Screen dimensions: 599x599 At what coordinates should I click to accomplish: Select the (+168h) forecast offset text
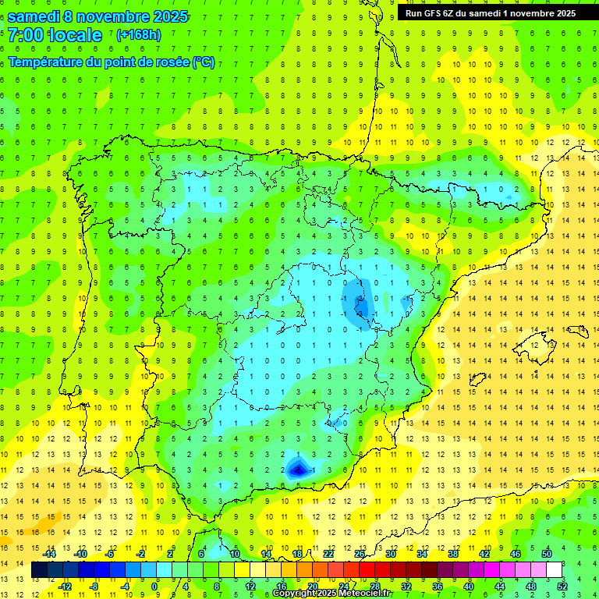pyautogui.click(x=139, y=35)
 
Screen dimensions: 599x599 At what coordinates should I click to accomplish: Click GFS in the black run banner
pyautogui.click(x=436, y=12)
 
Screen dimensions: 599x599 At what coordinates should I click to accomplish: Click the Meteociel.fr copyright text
pyautogui.click(x=331, y=594)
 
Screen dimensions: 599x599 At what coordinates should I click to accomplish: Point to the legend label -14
pyautogui.click(x=50, y=554)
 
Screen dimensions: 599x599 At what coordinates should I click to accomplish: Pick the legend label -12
pyautogui.click(x=65, y=587)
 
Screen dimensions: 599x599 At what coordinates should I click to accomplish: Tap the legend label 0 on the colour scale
pyautogui.click(x=154, y=587)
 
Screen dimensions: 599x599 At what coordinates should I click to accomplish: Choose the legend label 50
pyautogui.click(x=546, y=554)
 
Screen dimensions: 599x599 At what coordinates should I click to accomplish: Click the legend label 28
pyautogui.click(x=375, y=587)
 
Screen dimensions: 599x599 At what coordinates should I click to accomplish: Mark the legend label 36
pyautogui.click(x=438, y=587)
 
